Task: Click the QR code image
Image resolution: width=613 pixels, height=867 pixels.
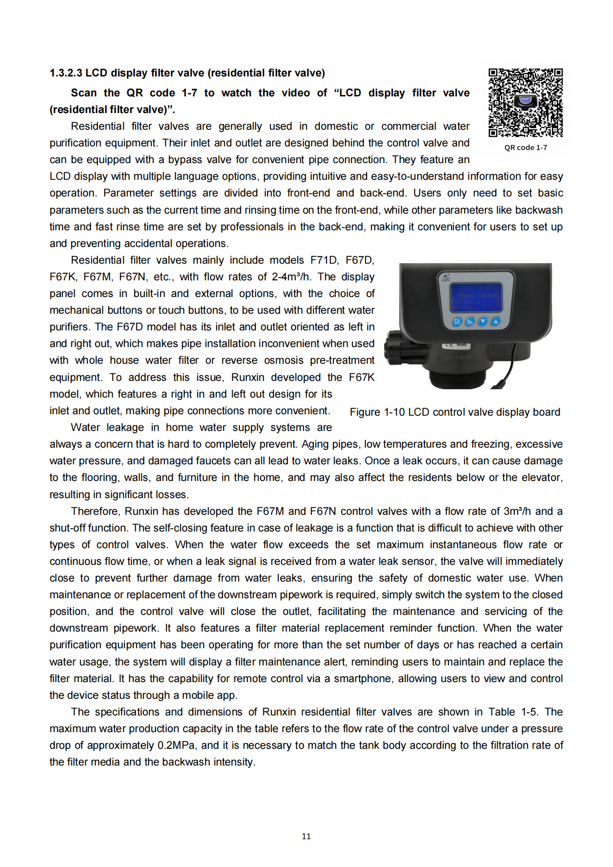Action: (525, 102)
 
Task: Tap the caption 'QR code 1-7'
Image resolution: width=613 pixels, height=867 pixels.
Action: (525, 147)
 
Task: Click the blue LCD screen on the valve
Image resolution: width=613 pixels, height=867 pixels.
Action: (476, 297)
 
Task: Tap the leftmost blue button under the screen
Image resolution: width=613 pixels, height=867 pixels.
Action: (457, 322)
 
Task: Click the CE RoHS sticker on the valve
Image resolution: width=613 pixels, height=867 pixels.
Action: (457, 345)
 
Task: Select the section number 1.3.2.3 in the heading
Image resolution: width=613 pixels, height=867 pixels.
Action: (66, 73)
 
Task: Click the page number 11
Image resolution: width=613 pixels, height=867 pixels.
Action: (306, 836)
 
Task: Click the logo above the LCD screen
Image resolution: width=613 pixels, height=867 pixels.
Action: (446, 278)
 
